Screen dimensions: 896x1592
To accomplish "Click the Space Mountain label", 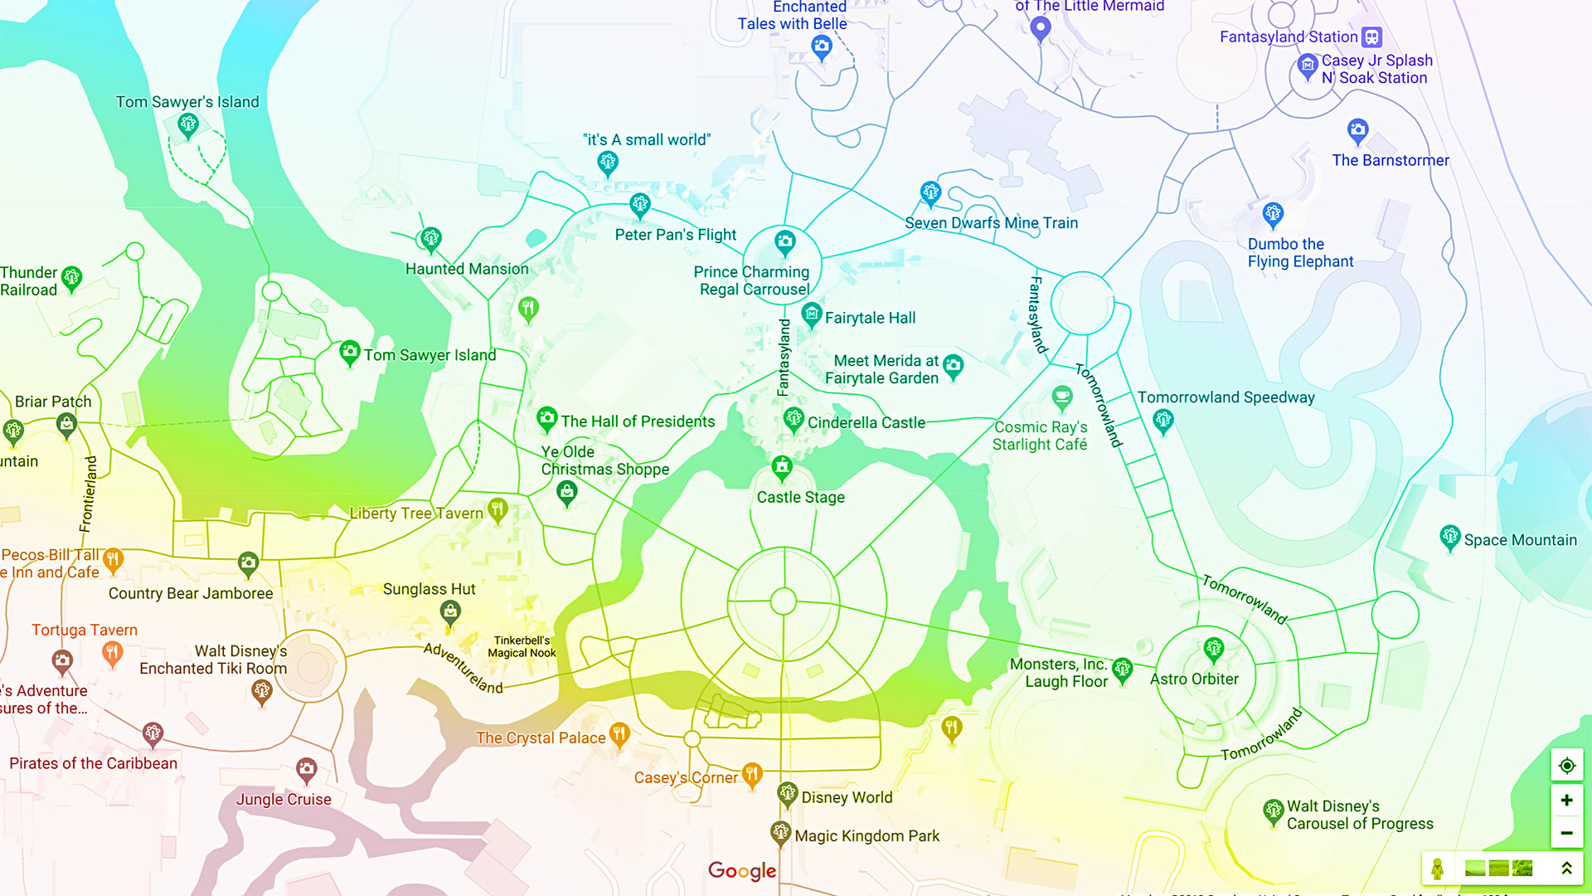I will (x=1520, y=540).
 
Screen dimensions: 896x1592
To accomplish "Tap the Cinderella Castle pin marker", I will (x=794, y=420).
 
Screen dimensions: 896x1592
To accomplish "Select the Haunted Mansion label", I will (x=467, y=269).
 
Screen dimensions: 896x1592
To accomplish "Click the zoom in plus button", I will (x=1566, y=801).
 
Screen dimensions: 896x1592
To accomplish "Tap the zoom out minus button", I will (x=1566, y=833).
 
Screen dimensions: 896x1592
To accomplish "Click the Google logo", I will (x=742, y=870).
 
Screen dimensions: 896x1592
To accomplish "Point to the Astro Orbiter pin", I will (x=1214, y=649).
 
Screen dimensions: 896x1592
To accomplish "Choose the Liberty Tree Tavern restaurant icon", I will (x=498, y=509).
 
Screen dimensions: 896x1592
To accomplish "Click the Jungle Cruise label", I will (x=284, y=800).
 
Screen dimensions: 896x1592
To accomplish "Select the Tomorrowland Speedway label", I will (x=1226, y=397).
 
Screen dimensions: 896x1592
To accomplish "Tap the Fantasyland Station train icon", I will (x=1372, y=37).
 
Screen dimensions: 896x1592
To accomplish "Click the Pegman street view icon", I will (x=1438, y=869).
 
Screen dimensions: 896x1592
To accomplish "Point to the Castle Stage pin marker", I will (x=782, y=468).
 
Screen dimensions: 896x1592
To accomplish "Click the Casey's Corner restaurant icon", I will (x=752, y=775).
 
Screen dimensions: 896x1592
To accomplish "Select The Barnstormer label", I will (x=1391, y=160).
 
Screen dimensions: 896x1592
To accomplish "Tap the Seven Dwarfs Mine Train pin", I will (x=930, y=194).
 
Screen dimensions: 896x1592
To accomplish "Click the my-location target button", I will (x=1566, y=766).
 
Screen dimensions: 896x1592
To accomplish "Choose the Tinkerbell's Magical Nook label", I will (x=522, y=646).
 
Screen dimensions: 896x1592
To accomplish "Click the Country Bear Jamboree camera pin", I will (x=248, y=564).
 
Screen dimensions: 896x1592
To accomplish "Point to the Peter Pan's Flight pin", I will (x=639, y=205).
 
